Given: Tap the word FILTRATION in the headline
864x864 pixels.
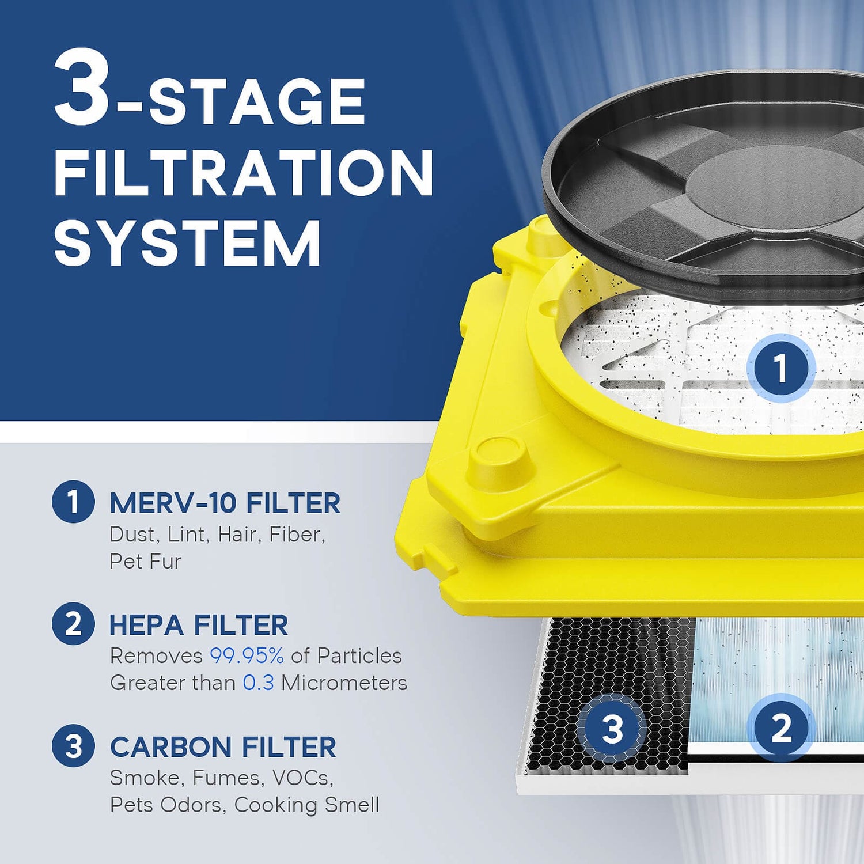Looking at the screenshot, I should [243, 173].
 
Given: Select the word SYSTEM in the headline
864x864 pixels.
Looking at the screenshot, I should [187, 243].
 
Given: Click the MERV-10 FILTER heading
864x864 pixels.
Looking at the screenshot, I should [225, 503].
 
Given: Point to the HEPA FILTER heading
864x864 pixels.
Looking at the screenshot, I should [199, 625].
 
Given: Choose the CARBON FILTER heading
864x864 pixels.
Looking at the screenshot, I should [223, 747].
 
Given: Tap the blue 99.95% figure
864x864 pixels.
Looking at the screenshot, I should [247, 656].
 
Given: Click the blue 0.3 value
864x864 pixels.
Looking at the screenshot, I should [258, 683].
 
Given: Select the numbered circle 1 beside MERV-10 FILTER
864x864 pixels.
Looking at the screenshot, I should [73, 502].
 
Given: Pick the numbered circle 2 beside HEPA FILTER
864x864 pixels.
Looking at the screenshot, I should [73, 624].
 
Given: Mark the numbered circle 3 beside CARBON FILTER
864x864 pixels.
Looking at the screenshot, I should [73, 746].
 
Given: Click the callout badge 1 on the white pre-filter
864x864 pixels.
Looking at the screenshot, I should [780, 367].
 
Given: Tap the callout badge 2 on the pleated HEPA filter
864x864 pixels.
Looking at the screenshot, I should [780, 727].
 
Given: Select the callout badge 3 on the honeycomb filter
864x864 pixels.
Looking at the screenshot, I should [612, 729].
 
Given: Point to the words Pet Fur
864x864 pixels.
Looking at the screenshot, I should [145, 562].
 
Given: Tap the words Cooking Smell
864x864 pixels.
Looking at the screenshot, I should [306, 805].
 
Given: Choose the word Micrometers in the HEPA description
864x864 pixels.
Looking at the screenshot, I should [344, 683].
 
